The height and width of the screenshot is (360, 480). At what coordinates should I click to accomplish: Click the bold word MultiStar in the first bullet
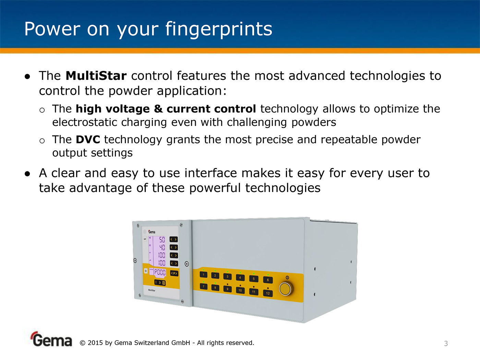coord(96,76)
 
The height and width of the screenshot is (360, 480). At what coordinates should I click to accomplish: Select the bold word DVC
coord(88,140)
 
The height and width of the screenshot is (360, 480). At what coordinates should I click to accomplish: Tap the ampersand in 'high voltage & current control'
coord(158,109)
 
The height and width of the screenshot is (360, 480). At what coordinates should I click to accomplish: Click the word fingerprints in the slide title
coord(219,29)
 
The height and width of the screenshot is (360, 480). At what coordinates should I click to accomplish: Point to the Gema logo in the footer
coord(51,339)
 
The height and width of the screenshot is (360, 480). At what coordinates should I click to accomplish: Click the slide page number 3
coord(446,344)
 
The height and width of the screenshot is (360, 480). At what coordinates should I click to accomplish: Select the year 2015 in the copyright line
coord(95,343)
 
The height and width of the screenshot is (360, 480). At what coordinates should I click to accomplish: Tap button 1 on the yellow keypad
coord(203,275)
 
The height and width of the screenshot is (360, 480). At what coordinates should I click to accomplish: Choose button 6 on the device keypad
coord(268,280)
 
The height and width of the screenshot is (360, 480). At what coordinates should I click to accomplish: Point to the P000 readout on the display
coord(160,272)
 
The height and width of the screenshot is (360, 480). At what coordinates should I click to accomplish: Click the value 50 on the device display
coord(162,240)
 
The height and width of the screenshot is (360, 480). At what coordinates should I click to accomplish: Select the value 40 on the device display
coord(162,248)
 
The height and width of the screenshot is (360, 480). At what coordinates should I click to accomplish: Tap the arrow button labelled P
coord(174,273)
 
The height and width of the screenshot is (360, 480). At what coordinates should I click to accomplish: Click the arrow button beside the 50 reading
coord(173,239)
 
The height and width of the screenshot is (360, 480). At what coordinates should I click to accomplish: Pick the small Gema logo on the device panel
coord(152,232)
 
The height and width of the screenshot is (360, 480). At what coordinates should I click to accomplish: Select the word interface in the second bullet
coord(211,173)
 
